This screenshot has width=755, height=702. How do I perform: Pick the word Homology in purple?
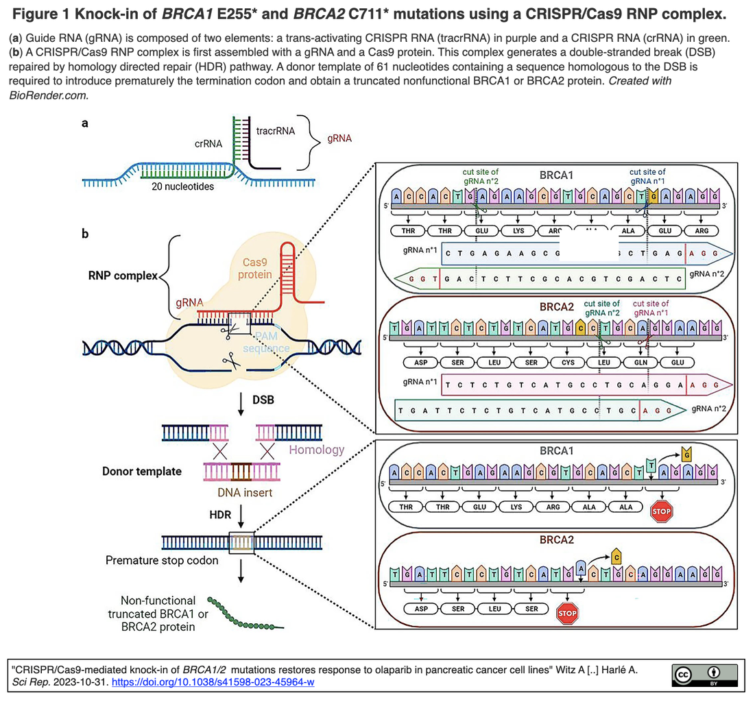(316, 450)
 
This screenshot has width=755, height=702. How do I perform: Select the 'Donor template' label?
(142, 471)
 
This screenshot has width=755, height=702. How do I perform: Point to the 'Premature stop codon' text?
(162, 560)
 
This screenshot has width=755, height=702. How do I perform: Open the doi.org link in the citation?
(213, 683)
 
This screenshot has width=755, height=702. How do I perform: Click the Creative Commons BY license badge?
(704, 675)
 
